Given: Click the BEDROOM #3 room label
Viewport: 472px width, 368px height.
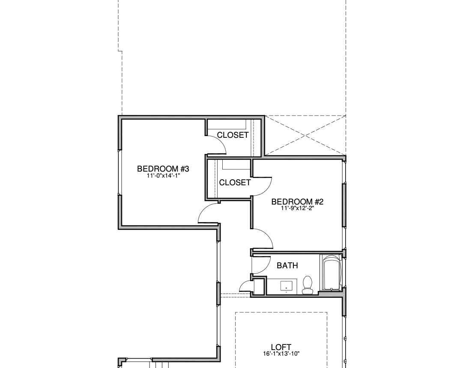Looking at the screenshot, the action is (x=163, y=169).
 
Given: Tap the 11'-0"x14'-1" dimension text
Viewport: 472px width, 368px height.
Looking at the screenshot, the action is (x=163, y=175).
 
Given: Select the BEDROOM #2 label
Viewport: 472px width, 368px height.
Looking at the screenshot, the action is (x=297, y=202).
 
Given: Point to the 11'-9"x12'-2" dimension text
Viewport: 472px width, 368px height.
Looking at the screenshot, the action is (x=297, y=208).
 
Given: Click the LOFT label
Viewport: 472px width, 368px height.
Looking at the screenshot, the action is (x=281, y=347).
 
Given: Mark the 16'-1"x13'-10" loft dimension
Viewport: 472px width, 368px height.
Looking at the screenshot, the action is (x=281, y=354).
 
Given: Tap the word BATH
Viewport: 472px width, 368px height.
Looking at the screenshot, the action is (x=287, y=265).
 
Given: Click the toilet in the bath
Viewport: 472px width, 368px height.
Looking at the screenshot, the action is (x=308, y=285).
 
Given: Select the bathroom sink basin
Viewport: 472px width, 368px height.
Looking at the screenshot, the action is (x=286, y=286).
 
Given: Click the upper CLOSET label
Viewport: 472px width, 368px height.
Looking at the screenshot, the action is (x=233, y=135).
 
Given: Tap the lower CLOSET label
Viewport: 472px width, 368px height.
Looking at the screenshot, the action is (x=235, y=182).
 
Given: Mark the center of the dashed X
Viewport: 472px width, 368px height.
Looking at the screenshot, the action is (x=305, y=136).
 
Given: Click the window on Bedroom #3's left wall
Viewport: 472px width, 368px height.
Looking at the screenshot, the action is (x=119, y=172).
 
